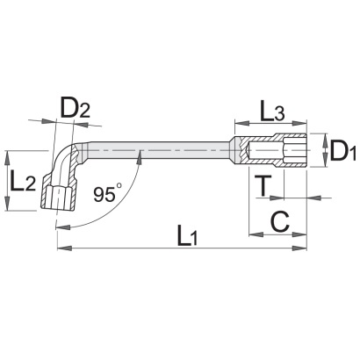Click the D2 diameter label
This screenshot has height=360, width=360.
click(x=75, y=108)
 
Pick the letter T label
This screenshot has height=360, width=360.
click(x=263, y=185)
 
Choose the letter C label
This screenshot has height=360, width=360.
click(x=280, y=221)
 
